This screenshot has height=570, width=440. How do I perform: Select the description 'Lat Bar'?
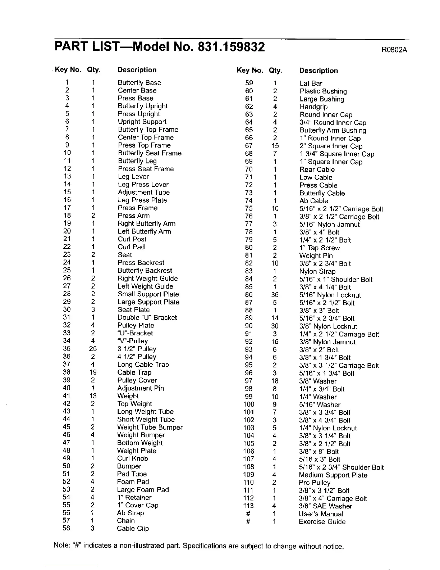311,83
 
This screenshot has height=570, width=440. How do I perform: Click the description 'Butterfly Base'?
139,83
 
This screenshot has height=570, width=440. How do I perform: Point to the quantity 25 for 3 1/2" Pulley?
93,349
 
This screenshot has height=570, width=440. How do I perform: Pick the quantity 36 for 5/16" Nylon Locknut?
275,295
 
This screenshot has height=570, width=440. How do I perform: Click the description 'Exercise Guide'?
322,522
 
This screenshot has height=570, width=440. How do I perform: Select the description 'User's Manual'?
321,514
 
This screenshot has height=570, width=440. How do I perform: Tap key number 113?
248,506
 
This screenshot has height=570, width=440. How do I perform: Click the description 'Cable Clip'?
133,529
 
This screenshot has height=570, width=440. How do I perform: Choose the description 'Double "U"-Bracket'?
147,318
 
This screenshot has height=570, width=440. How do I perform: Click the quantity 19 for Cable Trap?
93,372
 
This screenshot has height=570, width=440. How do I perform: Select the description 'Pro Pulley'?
315,483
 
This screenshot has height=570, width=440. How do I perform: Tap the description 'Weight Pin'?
316,256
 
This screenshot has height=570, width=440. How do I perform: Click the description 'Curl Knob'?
132,458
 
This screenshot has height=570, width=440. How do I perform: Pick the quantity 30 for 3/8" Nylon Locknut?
275,326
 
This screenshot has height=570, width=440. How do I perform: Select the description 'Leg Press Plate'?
142,200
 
